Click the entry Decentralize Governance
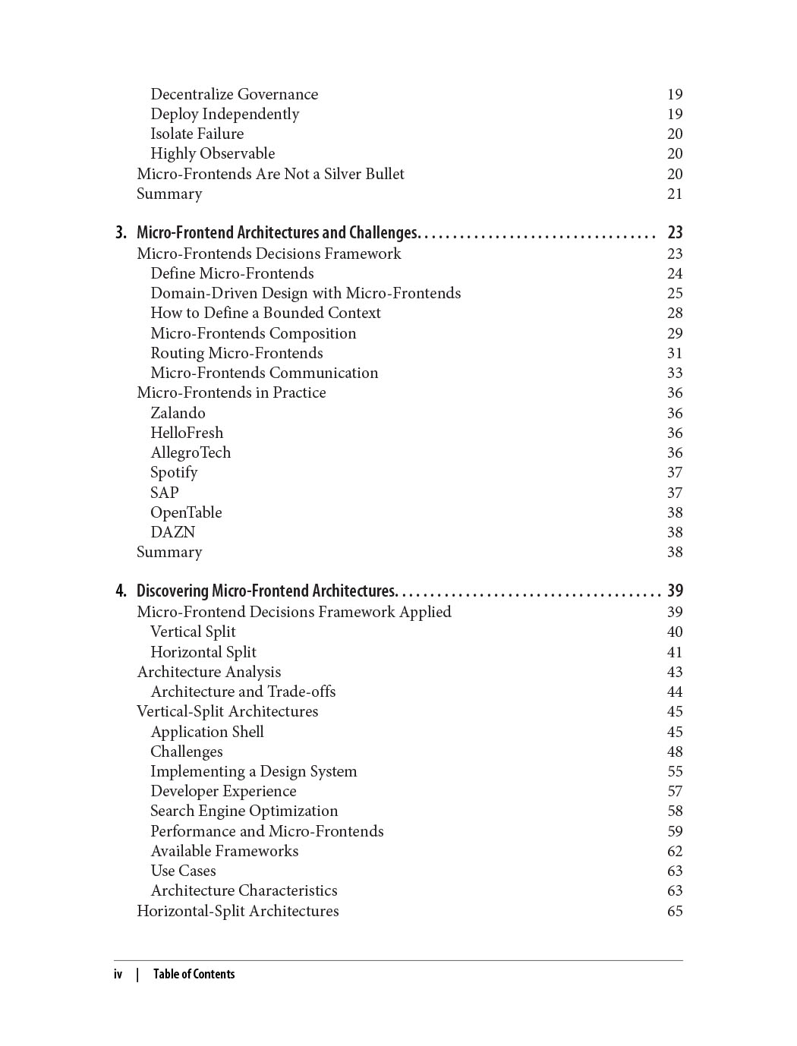(x=234, y=94)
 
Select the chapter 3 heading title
(x=277, y=232)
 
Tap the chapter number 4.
(x=121, y=591)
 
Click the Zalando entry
(x=178, y=413)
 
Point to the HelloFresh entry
(x=187, y=433)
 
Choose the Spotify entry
(x=174, y=472)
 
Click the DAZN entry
(x=172, y=532)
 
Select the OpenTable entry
(x=186, y=512)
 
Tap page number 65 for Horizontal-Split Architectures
(x=675, y=911)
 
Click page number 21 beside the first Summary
(x=675, y=194)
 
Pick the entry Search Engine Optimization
(x=244, y=811)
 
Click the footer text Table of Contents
(x=194, y=974)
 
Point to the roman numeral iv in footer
(x=118, y=974)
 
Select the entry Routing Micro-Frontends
(x=236, y=353)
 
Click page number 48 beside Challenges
(x=675, y=751)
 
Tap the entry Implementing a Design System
(x=254, y=771)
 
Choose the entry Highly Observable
(x=213, y=153)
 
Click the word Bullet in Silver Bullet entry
(x=384, y=174)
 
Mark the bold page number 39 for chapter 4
(x=675, y=591)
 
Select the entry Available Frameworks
(x=224, y=851)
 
